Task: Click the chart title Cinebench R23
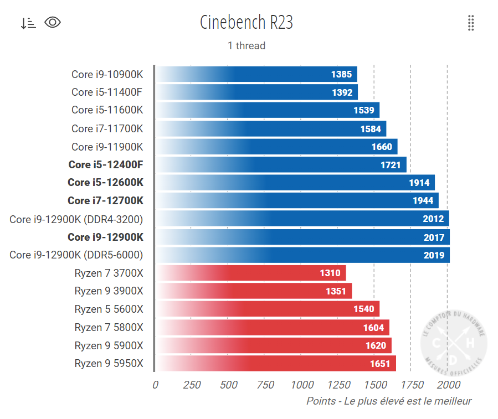click(x=246, y=23)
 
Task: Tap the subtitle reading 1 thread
click(x=246, y=46)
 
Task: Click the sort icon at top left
click(x=28, y=23)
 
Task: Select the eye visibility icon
click(x=53, y=22)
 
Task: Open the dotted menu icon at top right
click(x=471, y=23)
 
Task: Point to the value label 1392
click(x=342, y=92)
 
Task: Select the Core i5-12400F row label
click(x=106, y=164)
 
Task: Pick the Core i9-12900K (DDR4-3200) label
click(x=76, y=219)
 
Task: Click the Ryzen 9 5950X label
click(x=109, y=364)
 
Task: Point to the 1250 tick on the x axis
click(x=337, y=385)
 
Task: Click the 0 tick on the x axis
click(x=155, y=385)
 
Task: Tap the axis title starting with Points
click(x=389, y=401)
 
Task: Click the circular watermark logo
click(x=454, y=345)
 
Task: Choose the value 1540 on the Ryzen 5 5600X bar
click(x=364, y=309)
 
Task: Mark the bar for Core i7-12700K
click(x=297, y=200)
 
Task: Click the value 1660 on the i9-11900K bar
click(x=382, y=147)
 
